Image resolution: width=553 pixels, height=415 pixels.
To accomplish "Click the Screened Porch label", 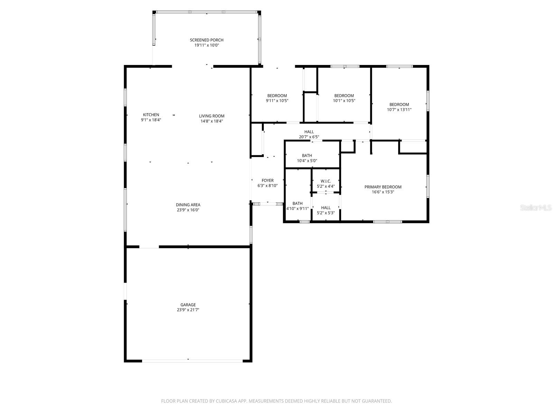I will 207,40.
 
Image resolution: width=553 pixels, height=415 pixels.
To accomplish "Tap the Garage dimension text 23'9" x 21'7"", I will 188,310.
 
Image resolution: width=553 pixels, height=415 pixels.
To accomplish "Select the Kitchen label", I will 151,115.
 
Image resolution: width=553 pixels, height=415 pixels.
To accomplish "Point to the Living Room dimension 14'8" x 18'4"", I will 212,121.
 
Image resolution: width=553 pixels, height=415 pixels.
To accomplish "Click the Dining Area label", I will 188,205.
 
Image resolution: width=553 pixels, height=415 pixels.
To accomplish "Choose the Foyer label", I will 268,181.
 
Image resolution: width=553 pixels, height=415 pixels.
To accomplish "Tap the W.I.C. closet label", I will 326,181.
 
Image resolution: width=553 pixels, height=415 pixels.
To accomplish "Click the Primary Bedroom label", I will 383,187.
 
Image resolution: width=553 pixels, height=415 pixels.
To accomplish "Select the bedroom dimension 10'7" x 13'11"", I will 399,110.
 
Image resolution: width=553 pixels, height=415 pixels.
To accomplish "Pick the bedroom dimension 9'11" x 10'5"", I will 277,101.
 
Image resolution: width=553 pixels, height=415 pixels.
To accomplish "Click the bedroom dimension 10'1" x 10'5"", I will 344,101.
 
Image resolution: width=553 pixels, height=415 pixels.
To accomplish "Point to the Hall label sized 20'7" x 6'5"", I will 309,132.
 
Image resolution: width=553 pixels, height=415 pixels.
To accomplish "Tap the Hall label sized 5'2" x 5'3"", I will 326,208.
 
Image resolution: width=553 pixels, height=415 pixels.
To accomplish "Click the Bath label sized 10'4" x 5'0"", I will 307,156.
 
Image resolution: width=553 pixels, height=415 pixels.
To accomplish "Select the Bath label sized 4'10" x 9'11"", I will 297,204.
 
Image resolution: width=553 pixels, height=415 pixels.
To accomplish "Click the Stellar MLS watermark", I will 536,208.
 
